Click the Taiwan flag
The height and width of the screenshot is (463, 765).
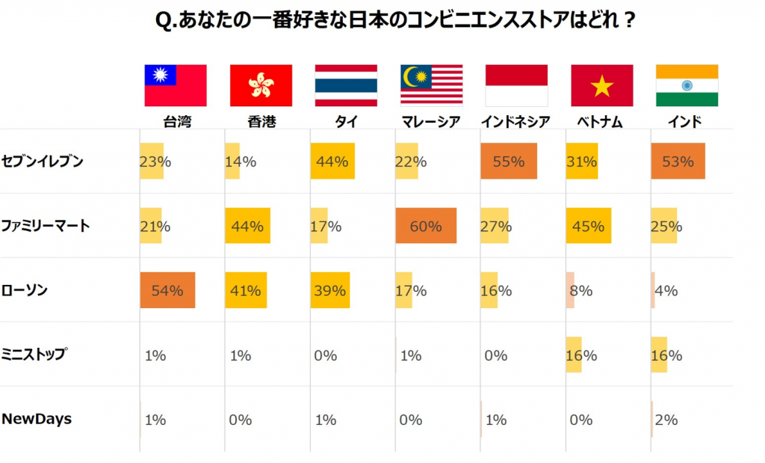tap(175, 85)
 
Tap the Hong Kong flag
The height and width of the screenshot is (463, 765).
tap(261, 85)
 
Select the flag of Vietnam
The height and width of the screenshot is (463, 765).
tap(601, 85)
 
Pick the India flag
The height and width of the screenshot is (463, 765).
tap(687, 85)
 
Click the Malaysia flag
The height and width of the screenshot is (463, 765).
tap(431, 85)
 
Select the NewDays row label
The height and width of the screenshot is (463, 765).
tap(37, 419)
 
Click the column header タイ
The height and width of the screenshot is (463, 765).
tap(346, 122)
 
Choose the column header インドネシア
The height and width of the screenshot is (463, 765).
tap(516, 122)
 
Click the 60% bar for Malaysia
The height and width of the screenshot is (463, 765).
tap(426, 226)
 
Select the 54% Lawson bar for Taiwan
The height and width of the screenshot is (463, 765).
tap(167, 291)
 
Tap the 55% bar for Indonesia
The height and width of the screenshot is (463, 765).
tap(508, 162)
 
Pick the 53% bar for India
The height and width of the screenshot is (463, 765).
tap(678, 162)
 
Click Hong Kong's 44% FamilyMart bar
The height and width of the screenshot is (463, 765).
tap(247, 226)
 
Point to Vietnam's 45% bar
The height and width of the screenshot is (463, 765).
tap(589, 226)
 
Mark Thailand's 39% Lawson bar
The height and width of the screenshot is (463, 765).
tap(330, 291)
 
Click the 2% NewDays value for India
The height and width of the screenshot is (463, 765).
tap(666, 420)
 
